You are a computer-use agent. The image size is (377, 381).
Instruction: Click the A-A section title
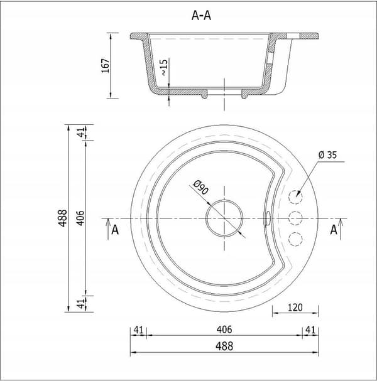pos(201,16)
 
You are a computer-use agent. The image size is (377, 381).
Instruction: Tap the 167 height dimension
pos(106,66)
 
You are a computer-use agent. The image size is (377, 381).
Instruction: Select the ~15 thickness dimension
pos(164,67)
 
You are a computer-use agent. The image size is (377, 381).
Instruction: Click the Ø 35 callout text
pos(327,155)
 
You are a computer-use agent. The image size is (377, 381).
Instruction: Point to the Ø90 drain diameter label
pos(201,187)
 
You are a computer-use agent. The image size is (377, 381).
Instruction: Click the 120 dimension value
pos(295,308)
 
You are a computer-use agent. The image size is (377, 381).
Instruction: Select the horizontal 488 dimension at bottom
pos(224,346)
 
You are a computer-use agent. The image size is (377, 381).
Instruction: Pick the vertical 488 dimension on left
pos(63,218)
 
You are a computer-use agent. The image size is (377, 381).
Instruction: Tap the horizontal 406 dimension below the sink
pos(224,330)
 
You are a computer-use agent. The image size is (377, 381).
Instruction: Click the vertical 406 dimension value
pos(80,218)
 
